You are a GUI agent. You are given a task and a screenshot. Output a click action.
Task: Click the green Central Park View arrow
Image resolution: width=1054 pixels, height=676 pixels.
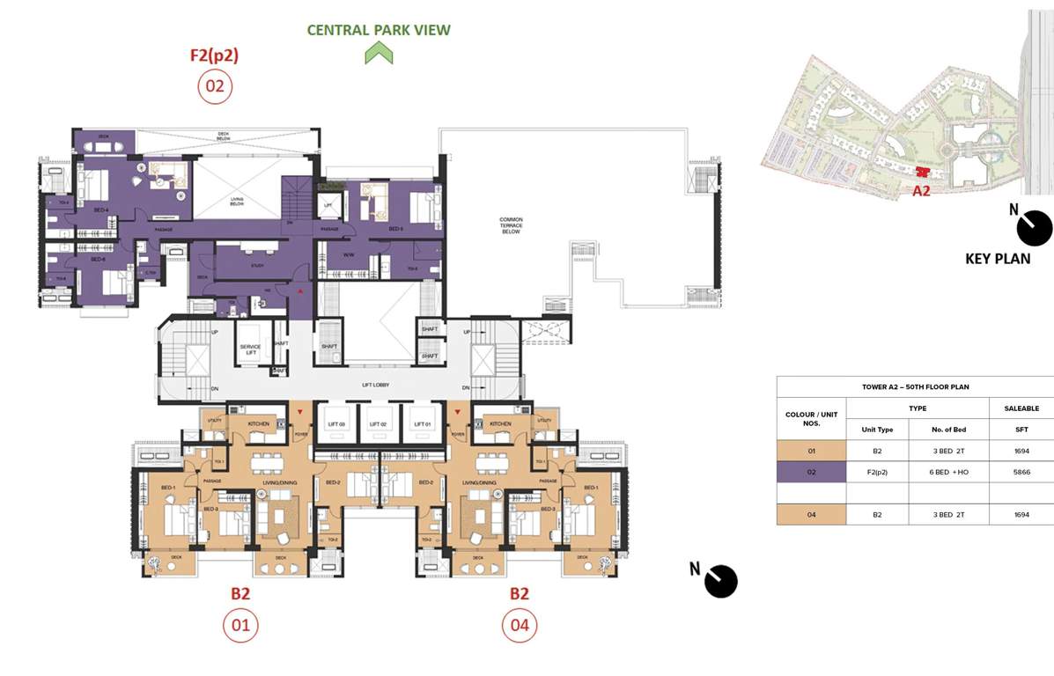click(x=379, y=54)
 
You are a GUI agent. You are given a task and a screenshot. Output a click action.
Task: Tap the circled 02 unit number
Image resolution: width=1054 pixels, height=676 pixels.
click(x=215, y=86)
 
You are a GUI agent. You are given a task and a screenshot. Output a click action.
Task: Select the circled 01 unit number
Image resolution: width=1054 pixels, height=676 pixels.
click(x=240, y=626)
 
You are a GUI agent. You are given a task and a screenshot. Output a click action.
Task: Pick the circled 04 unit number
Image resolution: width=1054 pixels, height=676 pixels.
click(x=520, y=626)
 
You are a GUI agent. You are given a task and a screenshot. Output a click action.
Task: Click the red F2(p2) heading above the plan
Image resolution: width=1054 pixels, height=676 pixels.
click(x=215, y=55)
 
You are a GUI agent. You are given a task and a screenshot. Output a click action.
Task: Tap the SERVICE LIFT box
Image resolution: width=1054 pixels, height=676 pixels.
click(x=251, y=350)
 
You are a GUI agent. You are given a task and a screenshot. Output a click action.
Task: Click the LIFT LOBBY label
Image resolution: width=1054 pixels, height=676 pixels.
click(x=375, y=386)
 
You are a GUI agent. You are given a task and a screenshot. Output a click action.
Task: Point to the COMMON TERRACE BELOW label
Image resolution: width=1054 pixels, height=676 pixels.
click(x=511, y=224)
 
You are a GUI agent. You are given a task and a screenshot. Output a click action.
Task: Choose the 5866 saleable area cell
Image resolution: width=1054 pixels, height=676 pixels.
click(x=1021, y=472)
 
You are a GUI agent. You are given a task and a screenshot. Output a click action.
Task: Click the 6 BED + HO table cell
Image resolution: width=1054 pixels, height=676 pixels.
click(x=948, y=472)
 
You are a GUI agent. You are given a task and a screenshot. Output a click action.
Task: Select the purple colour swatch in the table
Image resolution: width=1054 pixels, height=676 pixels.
click(x=811, y=472)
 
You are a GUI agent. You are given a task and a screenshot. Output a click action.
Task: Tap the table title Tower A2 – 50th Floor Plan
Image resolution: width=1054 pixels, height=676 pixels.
click(x=915, y=387)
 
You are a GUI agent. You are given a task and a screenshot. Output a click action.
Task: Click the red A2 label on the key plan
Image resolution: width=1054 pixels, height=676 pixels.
click(x=921, y=190)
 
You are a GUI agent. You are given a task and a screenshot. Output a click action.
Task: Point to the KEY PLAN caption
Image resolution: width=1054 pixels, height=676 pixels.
click(x=998, y=259)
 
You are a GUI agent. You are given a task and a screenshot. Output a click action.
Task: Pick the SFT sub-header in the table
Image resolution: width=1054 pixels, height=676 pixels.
click(x=1021, y=429)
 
